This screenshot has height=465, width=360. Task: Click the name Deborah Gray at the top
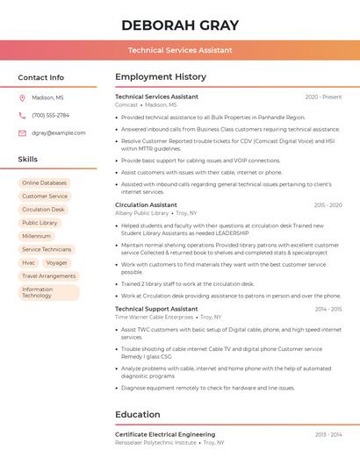coord(180,24)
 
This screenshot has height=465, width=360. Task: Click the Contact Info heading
coord(40,77)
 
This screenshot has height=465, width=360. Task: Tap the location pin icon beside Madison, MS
coord(22,98)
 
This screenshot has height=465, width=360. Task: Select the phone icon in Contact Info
coord(22,116)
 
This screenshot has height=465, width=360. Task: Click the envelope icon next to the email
coord(22,133)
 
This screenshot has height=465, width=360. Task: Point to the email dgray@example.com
coord(59,133)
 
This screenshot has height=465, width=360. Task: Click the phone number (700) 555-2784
coord(50,116)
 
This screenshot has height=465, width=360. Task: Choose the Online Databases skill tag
coord(44,182)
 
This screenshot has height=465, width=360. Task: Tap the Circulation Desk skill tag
coord(43,210)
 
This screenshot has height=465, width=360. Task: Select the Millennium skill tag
coord(37,236)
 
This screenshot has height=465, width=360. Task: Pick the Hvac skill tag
coord(29,262)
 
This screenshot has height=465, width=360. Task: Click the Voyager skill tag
coord(57,262)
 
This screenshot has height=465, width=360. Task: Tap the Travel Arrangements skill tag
coord(49,275)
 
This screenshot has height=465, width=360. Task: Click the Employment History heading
coord(161,77)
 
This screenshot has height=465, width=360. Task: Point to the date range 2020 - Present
coord(323,97)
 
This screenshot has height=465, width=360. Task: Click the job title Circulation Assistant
coord(146,205)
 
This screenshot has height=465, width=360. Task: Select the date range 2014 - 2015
coord(328,310)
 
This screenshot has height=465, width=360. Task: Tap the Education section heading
coord(138,414)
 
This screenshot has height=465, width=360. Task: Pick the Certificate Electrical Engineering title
coord(165,434)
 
